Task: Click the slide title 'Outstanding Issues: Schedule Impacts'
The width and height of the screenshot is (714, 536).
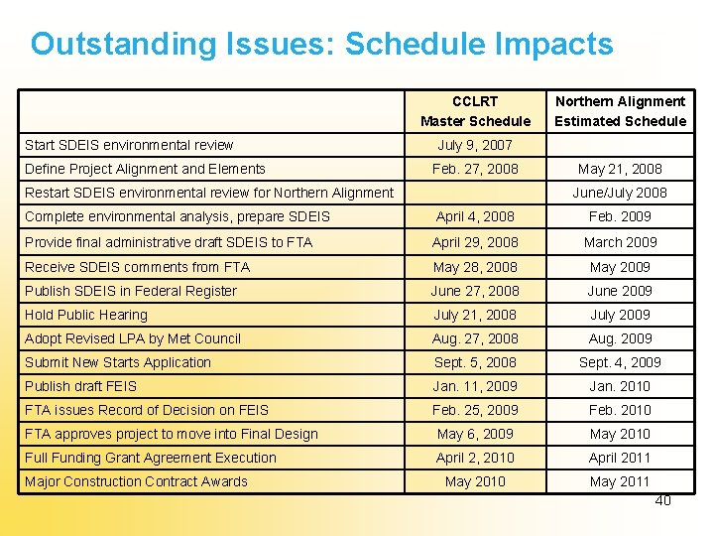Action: [321, 44]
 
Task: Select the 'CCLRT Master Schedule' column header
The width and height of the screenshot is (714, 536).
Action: [475, 111]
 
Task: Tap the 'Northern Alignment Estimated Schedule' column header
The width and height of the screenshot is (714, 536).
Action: [620, 111]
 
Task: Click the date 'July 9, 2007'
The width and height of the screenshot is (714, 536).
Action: [475, 145]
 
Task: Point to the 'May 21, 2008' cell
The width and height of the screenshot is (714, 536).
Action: [620, 169]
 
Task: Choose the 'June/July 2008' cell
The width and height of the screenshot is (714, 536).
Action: [620, 193]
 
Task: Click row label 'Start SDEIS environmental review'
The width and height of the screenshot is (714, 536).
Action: [129, 145]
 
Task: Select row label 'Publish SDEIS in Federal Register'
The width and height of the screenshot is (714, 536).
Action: [131, 291]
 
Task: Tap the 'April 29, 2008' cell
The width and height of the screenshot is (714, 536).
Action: [475, 241]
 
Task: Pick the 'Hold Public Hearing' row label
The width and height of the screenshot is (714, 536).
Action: [86, 315]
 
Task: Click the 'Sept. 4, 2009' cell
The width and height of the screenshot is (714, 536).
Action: [620, 362]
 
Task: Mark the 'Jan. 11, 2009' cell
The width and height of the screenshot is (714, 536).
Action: [475, 386]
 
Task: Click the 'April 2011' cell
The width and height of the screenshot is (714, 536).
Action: [620, 458]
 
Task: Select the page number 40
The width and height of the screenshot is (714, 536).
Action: [662, 500]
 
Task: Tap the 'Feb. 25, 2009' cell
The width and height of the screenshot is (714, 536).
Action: [475, 410]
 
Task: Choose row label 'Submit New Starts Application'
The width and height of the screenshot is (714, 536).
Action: [118, 362]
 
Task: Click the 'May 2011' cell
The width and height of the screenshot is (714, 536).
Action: [620, 481]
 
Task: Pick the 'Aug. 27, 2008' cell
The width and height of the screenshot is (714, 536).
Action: [475, 338]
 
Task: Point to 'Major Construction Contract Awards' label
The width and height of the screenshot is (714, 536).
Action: [136, 481]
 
